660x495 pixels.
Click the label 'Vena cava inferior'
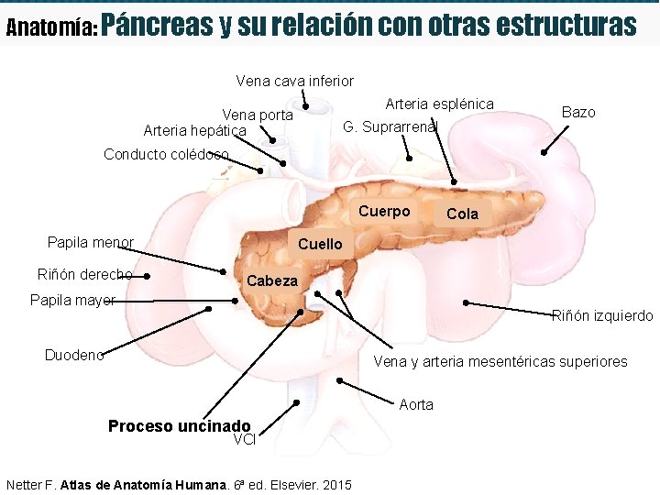294,81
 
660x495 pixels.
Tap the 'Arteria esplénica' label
439,104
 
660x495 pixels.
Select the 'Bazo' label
578,112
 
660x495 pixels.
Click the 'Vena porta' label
258,115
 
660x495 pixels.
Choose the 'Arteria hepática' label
195,131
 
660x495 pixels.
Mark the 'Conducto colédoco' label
166,154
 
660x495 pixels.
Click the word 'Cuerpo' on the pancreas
384,212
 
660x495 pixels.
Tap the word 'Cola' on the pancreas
462,214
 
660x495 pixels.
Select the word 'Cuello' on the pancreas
320,244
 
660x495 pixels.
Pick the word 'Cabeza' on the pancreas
272,280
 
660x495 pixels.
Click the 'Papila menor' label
90,243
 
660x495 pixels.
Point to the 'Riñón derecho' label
84,274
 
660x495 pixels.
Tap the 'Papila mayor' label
72,300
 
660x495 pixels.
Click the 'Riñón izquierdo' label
602,316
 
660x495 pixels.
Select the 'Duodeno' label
74,355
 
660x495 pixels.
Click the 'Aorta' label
416,404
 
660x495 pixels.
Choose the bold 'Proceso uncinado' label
179,426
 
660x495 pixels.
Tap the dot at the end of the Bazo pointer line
544,153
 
